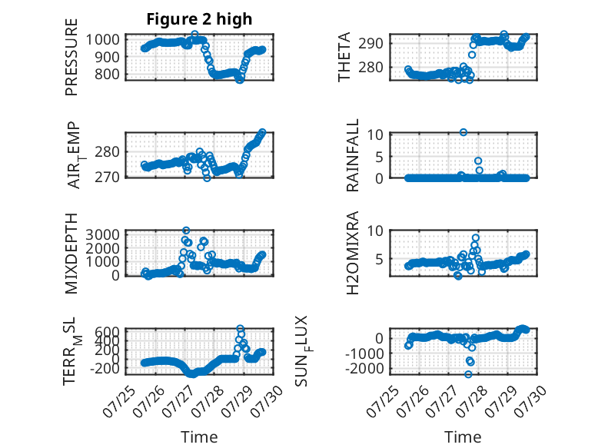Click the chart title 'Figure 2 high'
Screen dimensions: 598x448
coord(199,19)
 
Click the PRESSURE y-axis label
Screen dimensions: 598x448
coord(71,57)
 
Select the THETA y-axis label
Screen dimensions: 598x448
coord(344,57)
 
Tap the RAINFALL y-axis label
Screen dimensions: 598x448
coord(352,155)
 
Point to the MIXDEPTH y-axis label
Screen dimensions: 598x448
coord(71,254)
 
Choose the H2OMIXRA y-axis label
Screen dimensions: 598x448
coord(353,253)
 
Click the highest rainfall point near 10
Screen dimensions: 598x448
coord(463,132)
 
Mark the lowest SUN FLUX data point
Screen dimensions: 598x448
coord(468,374)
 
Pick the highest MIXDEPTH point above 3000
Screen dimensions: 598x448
coord(186,231)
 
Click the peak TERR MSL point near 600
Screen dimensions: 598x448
coord(240,328)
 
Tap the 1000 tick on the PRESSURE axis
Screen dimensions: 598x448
coord(102,39)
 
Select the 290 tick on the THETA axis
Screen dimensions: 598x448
coord(370,44)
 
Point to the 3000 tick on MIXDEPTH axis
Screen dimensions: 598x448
coord(102,234)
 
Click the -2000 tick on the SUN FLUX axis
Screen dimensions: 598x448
coord(364,369)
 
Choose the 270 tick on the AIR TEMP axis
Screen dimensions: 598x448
coord(107,178)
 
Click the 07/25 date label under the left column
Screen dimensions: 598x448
coord(118,401)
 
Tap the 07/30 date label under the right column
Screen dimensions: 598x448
coord(530,401)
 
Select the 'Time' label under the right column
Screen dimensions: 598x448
coord(463,437)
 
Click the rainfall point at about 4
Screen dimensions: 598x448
coord(478,161)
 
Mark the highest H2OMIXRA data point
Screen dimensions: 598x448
coord(475,237)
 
